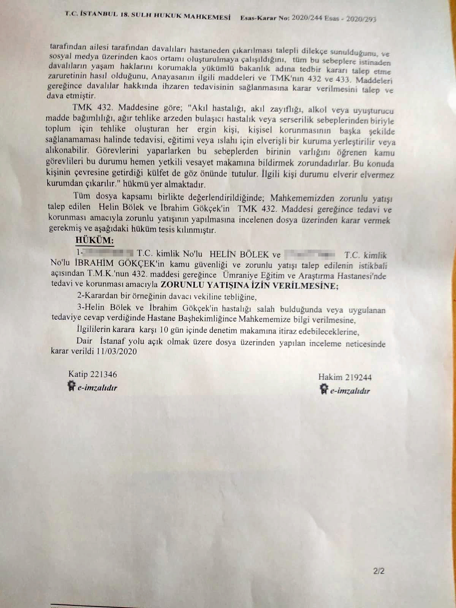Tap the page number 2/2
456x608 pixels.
tap(379, 571)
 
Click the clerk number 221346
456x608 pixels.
tap(104, 374)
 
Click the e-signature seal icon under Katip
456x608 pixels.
tap(71, 387)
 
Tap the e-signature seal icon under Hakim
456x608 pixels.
tap(324, 389)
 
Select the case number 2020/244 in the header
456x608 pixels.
tap(306, 18)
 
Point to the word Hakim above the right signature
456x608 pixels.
tap(330, 377)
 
